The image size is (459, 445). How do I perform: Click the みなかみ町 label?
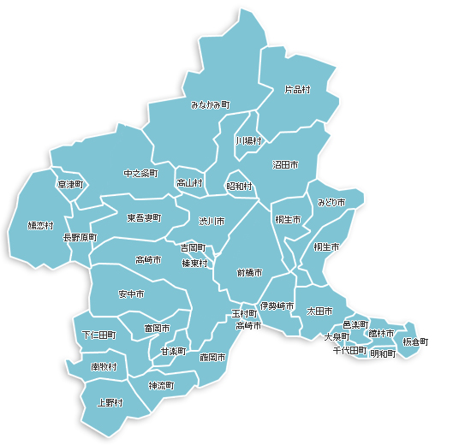click(210, 104)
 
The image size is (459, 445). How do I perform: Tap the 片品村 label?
click(297, 89)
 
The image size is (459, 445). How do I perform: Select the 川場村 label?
click(249, 140)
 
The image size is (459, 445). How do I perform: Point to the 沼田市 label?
click(285, 163)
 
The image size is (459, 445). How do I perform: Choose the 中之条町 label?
click(140, 174)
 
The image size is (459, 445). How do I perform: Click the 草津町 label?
click(70, 184)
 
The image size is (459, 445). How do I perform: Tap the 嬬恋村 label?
click(40, 226)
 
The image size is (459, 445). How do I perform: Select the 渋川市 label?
click(211, 221)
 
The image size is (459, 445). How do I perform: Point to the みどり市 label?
click(331, 203)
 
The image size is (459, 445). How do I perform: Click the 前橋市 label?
click(249, 273)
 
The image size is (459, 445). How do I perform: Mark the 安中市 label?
click(131, 294)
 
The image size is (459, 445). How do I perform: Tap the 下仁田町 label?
click(98, 335)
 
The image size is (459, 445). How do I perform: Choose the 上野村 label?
click(110, 402)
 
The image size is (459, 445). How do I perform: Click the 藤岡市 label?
click(212, 357)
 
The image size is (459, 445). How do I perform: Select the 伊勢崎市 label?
click(277, 306)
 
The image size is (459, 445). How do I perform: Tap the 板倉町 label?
click(415, 342)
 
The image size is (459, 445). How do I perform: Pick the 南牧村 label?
click(104, 366)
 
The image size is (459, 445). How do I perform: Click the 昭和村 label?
click(239, 186)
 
